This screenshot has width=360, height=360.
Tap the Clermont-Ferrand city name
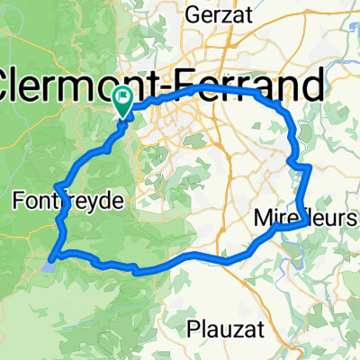pos(161,86)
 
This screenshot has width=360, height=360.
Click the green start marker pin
pos(122,103)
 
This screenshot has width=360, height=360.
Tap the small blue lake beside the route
pos(50,264)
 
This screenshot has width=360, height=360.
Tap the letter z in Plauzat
pos(231,328)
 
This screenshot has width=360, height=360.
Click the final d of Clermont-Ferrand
pos(313,86)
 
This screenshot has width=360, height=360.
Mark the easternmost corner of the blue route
pos(310,166)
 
